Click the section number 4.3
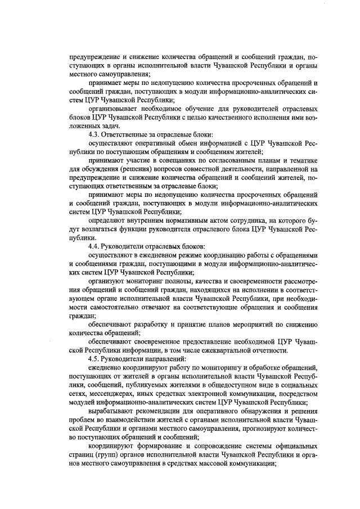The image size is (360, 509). pos(94,134)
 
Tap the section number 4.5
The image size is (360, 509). pos(94,359)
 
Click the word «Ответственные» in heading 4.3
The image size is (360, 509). pos(127,134)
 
